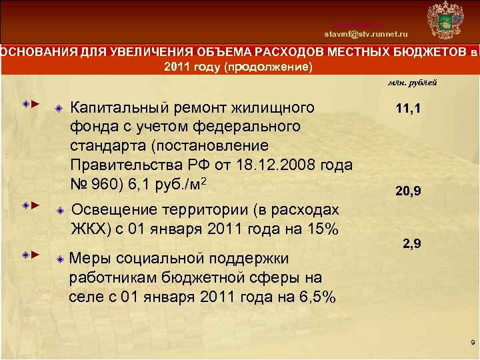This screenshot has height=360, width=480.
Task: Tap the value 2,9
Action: tap(411, 245)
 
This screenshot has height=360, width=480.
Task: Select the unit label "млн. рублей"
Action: tap(413, 83)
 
